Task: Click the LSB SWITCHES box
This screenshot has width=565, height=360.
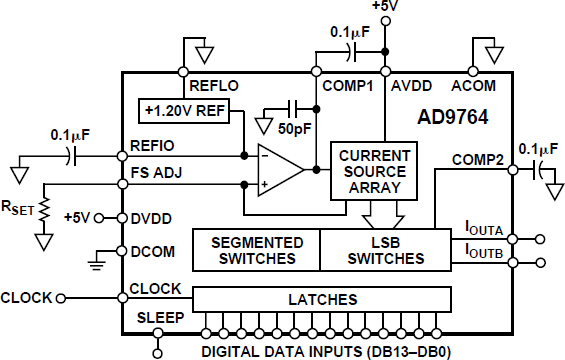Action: click(x=385, y=249)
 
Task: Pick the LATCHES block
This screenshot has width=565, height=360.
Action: click(x=322, y=299)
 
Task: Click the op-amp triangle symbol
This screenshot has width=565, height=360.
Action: click(x=281, y=170)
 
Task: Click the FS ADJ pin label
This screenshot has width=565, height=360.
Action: click(x=157, y=172)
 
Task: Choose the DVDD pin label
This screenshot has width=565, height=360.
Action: click(x=154, y=218)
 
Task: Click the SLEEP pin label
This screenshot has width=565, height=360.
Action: click(x=158, y=317)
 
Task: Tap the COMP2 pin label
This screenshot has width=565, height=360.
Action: click(x=477, y=158)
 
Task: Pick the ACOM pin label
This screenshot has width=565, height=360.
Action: click(x=473, y=86)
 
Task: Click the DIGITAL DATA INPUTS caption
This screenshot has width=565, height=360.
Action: click(x=327, y=350)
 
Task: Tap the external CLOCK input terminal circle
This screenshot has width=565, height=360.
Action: click(x=60, y=297)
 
